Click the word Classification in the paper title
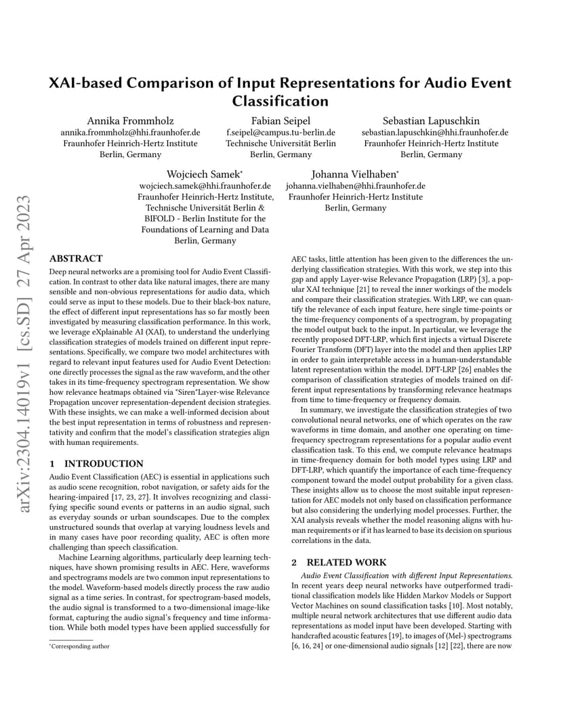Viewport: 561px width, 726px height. click(x=280, y=102)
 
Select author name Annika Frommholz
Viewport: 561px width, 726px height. click(x=130, y=121)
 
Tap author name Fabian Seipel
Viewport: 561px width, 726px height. click(x=280, y=121)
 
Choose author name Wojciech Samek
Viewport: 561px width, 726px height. click(x=203, y=174)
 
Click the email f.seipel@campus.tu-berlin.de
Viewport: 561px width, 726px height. click(x=280, y=133)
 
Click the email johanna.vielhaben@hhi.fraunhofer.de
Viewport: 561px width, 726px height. click(x=355, y=186)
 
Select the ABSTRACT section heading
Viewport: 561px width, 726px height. click(x=77, y=259)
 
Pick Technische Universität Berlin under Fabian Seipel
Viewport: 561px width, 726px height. click(x=280, y=144)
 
